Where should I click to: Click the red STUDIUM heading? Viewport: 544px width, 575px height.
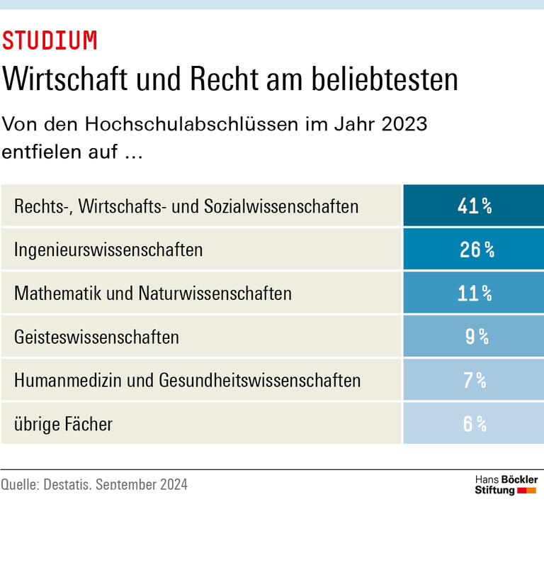click(x=50, y=41)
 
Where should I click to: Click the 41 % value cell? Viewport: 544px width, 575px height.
click(x=473, y=206)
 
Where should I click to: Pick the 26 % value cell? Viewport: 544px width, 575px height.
click(x=473, y=250)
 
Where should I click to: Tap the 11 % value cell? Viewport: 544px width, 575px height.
click(x=473, y=293)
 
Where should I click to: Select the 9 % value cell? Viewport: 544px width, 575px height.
click(x=473, y=337)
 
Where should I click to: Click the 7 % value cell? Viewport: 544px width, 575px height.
click(x=473, y=380)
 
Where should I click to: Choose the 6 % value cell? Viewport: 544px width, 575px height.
click(x=473, y=424)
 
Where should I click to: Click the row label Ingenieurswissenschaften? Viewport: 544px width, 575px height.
click(x=108, y=250)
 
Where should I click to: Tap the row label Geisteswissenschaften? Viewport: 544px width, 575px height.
click(x=96, y=337)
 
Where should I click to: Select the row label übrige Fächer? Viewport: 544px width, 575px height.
click(x=63, y=424)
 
